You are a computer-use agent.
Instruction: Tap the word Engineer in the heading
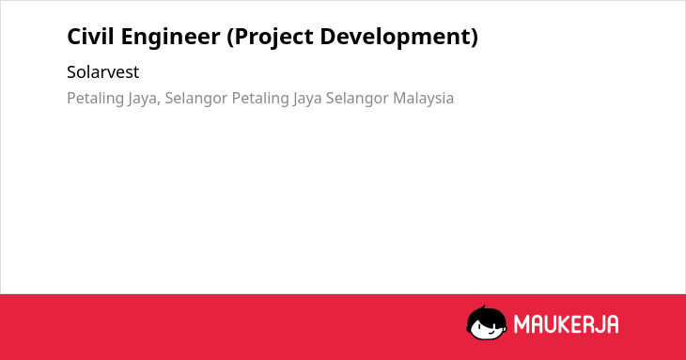[x=171, y=38]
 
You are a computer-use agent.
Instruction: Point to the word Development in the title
[x=395, y=38]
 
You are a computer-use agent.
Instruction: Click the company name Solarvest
[x=102, y=71]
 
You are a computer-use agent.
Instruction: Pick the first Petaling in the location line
[x=95, y=99]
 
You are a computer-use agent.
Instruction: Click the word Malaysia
[x=423, y=99]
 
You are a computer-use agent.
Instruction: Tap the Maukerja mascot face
[x=487, y=322]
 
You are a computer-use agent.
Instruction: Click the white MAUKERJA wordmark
[x=566, y=324]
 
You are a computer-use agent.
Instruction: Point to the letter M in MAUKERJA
[x=522, y=324]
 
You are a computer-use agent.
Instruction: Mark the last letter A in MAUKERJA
[x=613, y=324]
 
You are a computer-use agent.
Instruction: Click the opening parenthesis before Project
[x=230, y=38]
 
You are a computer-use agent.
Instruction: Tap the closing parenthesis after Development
[x=475, y=38]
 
